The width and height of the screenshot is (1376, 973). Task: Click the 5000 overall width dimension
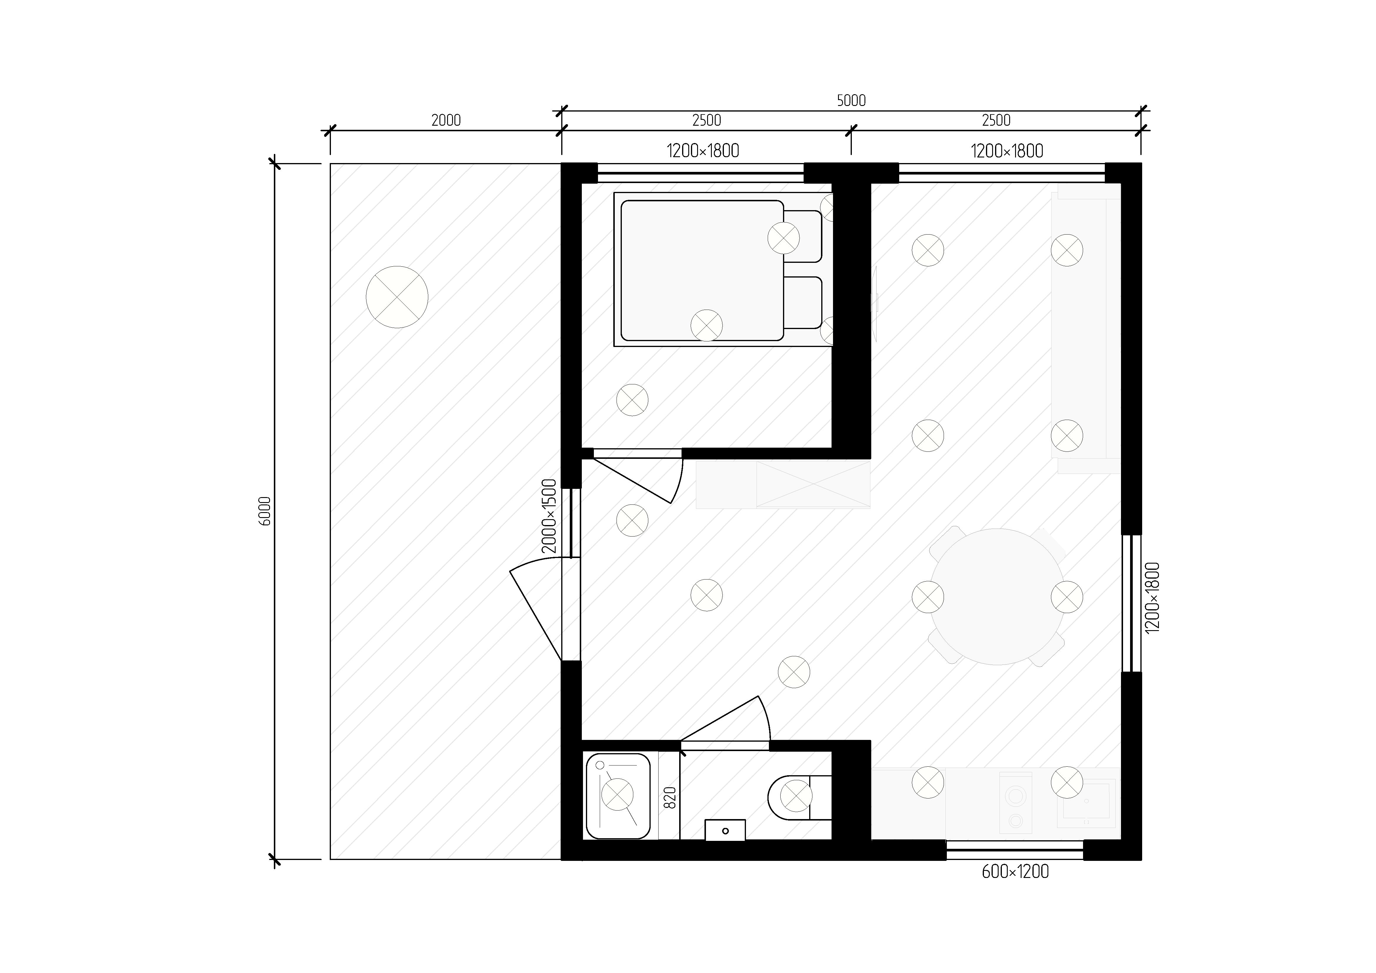851,101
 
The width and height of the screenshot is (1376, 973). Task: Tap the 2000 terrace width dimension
446,120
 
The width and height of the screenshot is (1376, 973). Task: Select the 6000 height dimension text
266,511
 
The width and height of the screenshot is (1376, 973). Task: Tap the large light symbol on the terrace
397,297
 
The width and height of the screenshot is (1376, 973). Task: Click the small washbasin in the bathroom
725,830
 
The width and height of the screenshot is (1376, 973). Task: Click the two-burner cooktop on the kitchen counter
1016,803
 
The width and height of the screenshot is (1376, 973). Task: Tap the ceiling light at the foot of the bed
707,326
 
